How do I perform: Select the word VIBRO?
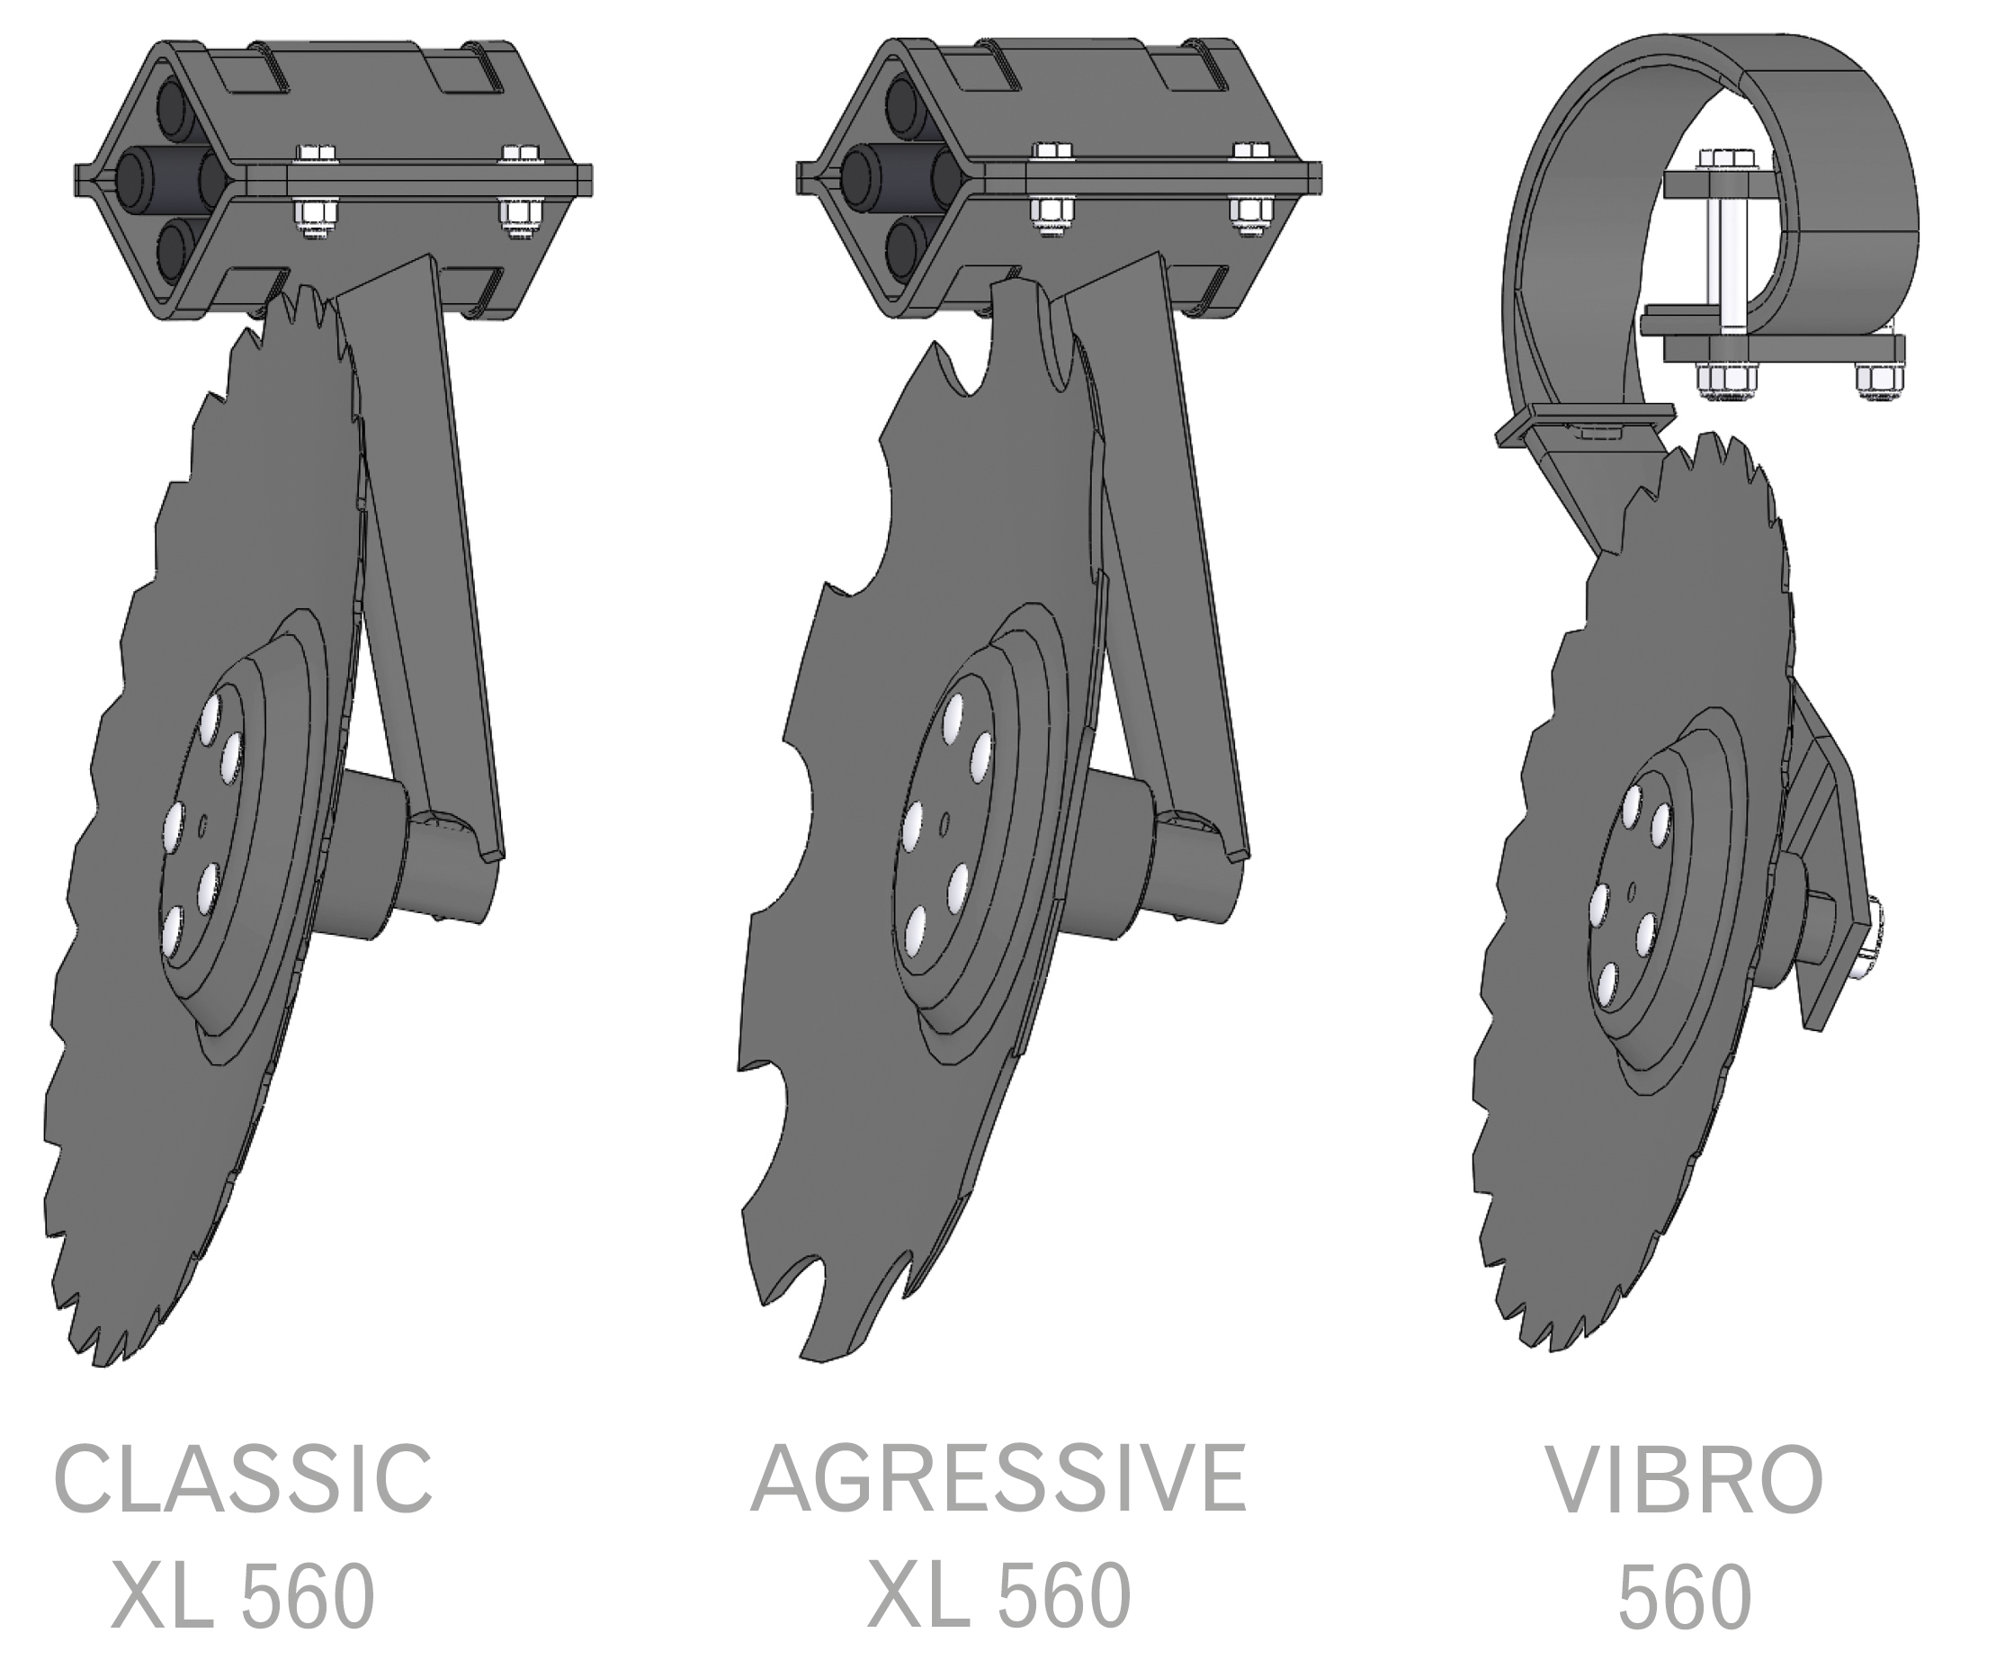point(1685,1480)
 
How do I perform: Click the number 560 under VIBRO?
point(1685,1597)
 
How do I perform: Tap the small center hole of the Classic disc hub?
point(201,827)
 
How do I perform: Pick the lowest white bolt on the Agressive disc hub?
point(916,930)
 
